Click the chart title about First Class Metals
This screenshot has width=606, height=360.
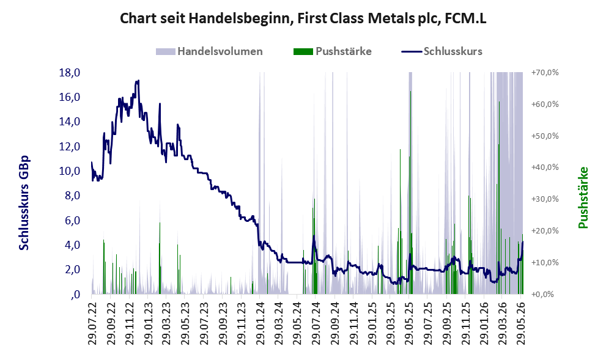click(x=303, y=18)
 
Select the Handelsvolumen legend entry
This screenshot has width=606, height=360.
click(x=209, y=51)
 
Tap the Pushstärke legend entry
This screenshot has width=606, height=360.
click(x=333, y=51)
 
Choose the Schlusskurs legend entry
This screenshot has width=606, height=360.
click(x=442, y=51)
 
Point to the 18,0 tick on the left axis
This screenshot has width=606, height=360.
click(x=70, y=72)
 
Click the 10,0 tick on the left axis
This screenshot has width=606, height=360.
click(x=70, y=171)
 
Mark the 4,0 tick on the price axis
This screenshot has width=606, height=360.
click(x=72, y=245)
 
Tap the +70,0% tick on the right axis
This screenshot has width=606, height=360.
click(x=545, y=73)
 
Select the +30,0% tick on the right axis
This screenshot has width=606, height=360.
click(x=545, y=199)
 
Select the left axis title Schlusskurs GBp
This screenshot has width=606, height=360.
click(x=24, y=203)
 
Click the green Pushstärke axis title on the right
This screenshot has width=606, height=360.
click(x=583, y=197)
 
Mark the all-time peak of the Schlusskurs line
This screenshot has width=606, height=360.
click(x=138, y=81)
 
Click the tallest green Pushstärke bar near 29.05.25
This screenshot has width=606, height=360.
click(x=410, y=193)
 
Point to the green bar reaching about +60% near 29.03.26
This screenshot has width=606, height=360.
click(x=500, y=197)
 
